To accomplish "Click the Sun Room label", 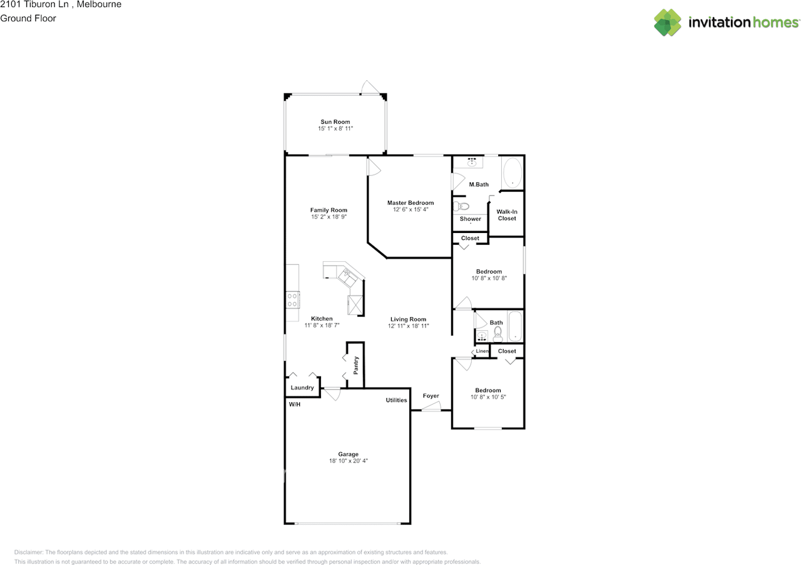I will click(335, 122).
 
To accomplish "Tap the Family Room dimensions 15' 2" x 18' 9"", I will click(329, 217).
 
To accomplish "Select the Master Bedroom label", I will click(410, 202).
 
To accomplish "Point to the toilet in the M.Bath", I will click(462, 206).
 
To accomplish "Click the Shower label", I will click(471, 219).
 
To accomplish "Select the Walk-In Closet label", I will click(507, 215).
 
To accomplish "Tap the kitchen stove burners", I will click(292, 300).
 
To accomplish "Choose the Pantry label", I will click(355, 365).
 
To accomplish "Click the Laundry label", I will click(302, 388).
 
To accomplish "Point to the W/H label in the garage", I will click(294, 405).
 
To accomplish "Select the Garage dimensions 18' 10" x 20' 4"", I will click(349, 461).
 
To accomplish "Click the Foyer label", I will click(431, 396).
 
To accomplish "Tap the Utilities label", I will click(396, 400).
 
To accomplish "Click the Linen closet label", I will click(482, 351).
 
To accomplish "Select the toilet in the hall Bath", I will click(497, 333).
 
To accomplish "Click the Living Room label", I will click(408, 319).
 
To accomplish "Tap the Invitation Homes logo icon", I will click(668, 23).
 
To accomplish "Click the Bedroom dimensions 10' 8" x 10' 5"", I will click(487, 397).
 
